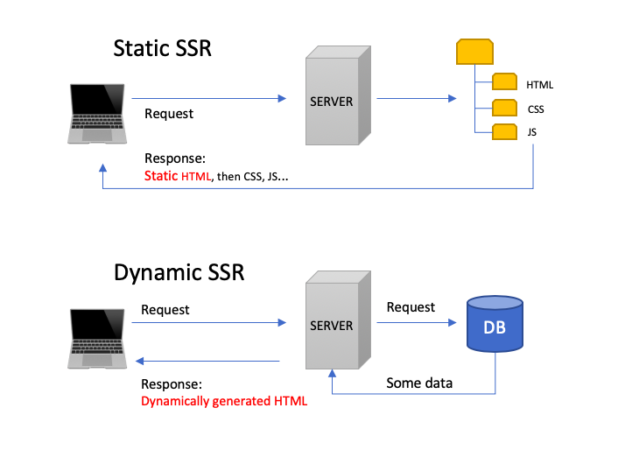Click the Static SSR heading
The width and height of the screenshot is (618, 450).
coord(163,48)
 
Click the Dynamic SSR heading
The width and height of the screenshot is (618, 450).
coord(179,272)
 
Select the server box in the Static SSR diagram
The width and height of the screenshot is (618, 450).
coord(332,100)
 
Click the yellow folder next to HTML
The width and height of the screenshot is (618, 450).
coord(504,82)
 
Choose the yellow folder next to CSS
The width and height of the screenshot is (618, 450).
coord(504,108)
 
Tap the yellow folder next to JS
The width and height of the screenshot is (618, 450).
coord(504,132)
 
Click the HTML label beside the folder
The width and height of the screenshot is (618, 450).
coord(540,85)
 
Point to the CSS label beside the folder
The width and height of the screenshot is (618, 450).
coord(536,110)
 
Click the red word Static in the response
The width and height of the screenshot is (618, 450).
coord(162,177)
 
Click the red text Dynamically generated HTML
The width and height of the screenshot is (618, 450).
coord(224,402)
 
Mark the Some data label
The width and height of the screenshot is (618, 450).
coord(419,383)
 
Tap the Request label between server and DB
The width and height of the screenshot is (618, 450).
coord(411,307)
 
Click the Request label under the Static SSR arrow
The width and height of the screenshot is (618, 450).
coord(169,114)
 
